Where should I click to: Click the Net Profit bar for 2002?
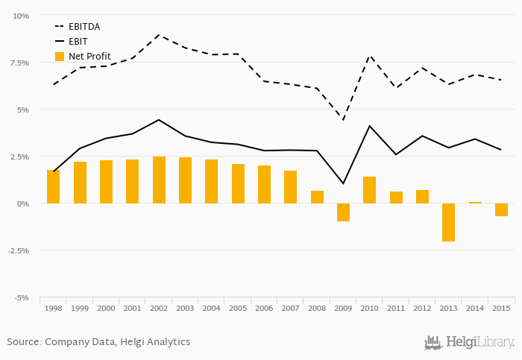(159, 180)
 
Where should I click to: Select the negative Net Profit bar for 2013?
(449, 222)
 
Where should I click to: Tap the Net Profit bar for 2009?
(343, 212)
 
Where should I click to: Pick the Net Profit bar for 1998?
(53, 186)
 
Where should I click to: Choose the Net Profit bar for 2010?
(369, 190)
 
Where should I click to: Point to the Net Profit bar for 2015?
(501, 209)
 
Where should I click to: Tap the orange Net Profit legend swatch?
(60, 57)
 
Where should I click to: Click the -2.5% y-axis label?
(18, 250)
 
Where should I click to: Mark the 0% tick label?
(22, 203)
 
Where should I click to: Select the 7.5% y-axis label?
(19, 63)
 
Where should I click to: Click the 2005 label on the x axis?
(238, 308)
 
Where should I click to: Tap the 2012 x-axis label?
(422, 308)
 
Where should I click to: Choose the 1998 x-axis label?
(53, 308)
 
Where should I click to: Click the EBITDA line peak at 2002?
(158, 34)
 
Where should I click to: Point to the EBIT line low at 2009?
(343, 183)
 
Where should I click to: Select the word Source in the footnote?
(23, 342)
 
